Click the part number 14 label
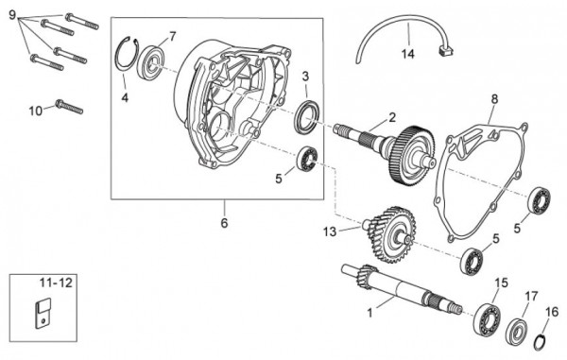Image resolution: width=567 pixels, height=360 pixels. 407,54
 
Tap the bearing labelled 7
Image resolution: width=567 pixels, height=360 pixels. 151,62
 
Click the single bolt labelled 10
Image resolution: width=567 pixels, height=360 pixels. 70,107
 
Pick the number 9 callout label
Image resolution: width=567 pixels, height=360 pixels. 12,15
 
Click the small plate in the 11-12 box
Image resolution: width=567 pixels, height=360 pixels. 43,313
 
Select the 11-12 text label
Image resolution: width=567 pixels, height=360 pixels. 56,283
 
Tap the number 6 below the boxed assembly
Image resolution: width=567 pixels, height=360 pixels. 224,223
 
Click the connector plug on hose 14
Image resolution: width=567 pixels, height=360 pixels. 446,51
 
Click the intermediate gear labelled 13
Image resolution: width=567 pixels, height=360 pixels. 391,234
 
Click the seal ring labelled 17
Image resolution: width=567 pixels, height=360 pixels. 516,332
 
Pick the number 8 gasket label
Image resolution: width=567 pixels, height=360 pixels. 494,98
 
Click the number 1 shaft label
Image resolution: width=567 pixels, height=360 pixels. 369,313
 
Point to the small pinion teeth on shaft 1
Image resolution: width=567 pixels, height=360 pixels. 366,276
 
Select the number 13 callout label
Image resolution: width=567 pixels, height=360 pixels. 330,231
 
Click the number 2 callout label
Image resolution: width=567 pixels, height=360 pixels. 392,117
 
